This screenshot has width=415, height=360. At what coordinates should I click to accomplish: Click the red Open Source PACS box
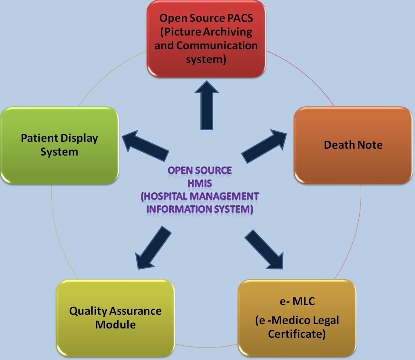pyautogui.click(x=206, y=39)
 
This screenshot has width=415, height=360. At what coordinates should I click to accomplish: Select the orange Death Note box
pyautogui.click(x=353, y=145)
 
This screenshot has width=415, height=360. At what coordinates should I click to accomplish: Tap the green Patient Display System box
pyautogui.click(x=59, y=145)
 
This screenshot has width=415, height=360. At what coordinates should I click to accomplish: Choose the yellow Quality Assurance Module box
pyautogui.click(x=116, y=318)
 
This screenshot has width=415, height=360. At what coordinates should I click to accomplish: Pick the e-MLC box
pyautogui.click(x=297, y=318)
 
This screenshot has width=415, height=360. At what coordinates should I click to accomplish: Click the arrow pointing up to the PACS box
pyautogui.click(x=207, y=105)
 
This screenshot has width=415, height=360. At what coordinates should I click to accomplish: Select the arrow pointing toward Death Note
pyautogui.click(x=264, y=146)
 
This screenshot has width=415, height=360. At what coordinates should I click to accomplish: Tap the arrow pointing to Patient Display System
pyautogui.click(x=145, y=145)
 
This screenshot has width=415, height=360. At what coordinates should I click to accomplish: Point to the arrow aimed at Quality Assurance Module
pyautogui.click(x=153, y=248)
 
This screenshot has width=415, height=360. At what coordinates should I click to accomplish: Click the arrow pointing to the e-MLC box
pyautogui.click(x=264, y=249)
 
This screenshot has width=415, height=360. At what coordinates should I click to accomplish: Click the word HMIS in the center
pyautogui.click(x=200, y=183)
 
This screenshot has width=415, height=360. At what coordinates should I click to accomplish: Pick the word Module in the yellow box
pyautogui.click(x=116, y=325)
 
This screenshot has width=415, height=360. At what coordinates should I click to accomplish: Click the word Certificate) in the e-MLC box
pyautogui.click(x=297, y=334)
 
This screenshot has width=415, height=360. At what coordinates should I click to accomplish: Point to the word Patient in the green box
pyautogui.click(x=40, y=138)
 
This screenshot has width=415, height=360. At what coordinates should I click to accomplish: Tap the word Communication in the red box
pyautogui.click(x=217, y=45)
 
